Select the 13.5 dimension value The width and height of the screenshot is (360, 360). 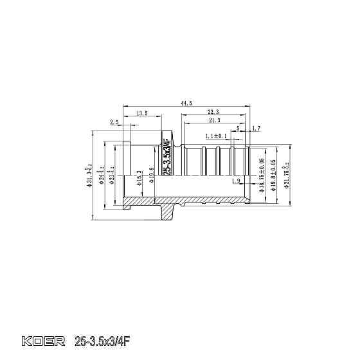pyautogui.click(x=143, y=113)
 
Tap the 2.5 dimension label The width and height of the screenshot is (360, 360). pyautogui.click(x=114, y=122)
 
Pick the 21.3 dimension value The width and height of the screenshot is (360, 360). pyautogui.click(x=214, y=120)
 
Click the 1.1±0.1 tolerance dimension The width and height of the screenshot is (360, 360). pyautogui.click(x=216, y=136)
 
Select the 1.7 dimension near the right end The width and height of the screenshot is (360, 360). pyautogui.click(x=256, y=129)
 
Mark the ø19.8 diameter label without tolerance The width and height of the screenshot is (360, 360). pyautogui.click(x=151, y=174)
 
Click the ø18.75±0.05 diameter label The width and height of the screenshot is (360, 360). pyautogui.click(x=262, y=175)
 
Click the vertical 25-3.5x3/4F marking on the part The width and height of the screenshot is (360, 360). pyautogui.click(x=168, y=157)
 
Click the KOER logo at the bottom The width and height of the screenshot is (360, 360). pyautogui.click(x=44, y=340)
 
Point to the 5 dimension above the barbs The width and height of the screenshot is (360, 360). pyautogui.click(x=238, y=129)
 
